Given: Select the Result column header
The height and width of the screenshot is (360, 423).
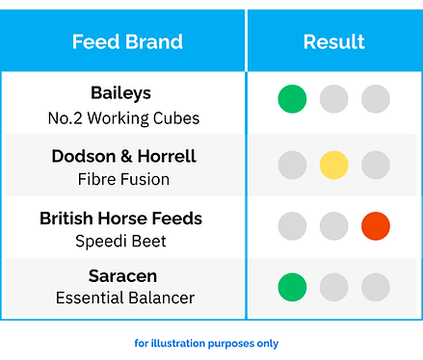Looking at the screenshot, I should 333,41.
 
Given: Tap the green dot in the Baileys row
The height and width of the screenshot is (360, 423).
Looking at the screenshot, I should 292,98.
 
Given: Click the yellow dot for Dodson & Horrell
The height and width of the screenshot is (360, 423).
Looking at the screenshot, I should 333,165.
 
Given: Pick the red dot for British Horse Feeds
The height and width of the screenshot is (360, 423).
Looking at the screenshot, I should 375,226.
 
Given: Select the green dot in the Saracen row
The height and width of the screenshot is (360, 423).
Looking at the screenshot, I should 292,287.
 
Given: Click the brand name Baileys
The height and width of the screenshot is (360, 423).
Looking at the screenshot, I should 120,93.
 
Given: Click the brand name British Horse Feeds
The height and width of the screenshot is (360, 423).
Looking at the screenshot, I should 120,219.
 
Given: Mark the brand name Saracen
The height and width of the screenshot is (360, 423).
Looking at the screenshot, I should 120,277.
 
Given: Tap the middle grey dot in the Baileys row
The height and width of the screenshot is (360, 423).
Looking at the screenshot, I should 333,98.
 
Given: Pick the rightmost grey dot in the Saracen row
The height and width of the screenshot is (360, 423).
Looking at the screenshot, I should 375,287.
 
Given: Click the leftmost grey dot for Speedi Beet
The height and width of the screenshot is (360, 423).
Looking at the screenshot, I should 292,226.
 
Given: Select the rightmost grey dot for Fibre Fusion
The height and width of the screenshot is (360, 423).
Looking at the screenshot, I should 375,165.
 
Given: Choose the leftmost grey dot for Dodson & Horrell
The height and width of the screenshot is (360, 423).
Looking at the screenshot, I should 292,165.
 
